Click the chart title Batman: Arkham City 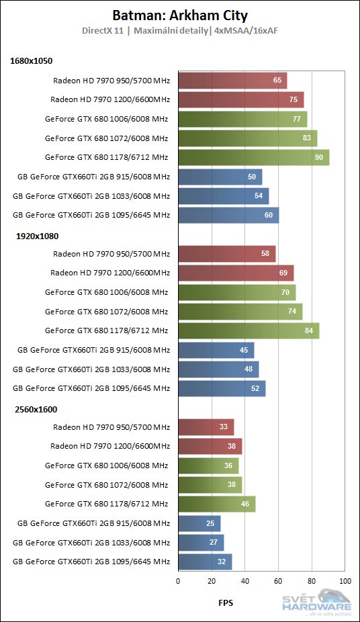(179, 15)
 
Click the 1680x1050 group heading (32, 61)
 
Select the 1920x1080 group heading (32, 236)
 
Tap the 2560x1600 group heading (32, 408)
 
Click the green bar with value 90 (253, 158)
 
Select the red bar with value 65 (232, 81)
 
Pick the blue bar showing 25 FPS (199, 523)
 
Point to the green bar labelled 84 (249, 331)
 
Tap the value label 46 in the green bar (244, 504)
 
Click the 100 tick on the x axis (345, 580)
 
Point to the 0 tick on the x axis (178, 580)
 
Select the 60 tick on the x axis (278, 580)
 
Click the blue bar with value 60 (228, 216)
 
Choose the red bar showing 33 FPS (206, 427)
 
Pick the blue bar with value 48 (218, 369)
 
